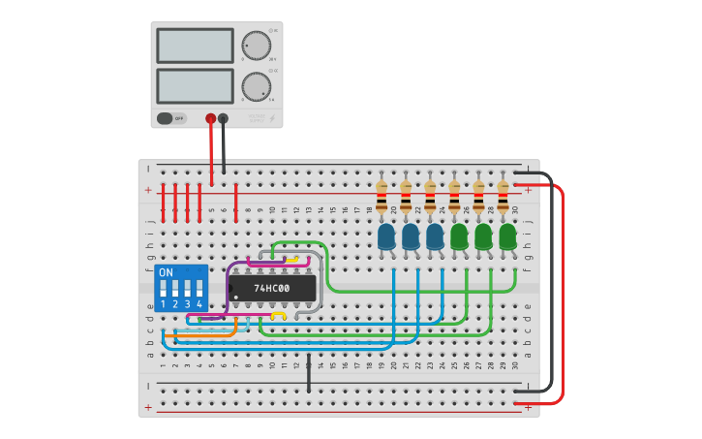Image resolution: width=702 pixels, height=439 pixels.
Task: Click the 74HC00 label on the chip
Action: point(271,288)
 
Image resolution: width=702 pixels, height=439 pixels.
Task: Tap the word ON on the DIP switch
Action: point(166,272)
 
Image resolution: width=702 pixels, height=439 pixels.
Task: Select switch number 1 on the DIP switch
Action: point(163,290)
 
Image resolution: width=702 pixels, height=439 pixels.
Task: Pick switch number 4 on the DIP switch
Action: point(199,290)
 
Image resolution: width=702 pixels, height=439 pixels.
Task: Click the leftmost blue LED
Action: point(386,236)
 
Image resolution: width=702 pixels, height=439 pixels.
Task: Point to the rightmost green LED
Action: point(507,236)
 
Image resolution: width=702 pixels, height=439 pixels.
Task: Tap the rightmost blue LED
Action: point(435,236)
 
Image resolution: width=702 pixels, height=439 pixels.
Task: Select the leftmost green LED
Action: point(459,236)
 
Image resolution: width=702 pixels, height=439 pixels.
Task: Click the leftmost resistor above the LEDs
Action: point(382,197)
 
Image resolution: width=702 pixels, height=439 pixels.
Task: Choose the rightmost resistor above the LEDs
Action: point(503,197)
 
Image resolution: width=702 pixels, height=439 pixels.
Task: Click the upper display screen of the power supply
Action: point(195,46)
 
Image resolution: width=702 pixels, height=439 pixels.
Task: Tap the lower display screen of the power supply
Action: point(195,86)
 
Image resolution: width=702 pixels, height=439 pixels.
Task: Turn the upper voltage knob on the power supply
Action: point(256,46)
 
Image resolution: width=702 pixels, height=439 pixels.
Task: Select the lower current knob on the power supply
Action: point(256,86)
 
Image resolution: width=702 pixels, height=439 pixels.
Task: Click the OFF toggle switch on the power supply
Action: point(171,118)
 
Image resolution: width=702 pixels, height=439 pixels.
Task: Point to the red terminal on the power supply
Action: point(211,118)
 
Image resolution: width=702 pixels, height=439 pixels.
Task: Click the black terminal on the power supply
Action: point(224,118)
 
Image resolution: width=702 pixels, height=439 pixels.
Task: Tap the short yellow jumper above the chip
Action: point(291,260)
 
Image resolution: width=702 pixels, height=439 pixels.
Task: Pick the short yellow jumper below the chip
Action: point(278,316)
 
